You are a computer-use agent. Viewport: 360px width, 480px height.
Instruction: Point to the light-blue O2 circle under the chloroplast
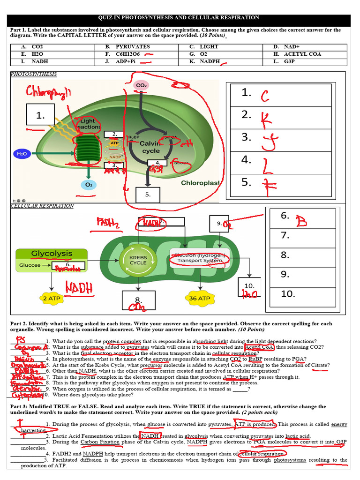click(x=89, y=185)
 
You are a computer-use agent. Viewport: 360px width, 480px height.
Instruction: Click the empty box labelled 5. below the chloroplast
click(x=148, y=195)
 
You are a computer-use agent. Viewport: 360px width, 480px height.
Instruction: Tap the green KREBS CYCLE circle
click(x=138, y=260)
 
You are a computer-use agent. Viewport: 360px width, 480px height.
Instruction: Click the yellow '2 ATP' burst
click(x=51, y=298)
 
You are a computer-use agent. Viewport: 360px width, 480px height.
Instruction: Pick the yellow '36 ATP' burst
click(x=199, y=298)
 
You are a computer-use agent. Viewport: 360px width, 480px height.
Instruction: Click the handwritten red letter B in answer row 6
click(x=302, y=221)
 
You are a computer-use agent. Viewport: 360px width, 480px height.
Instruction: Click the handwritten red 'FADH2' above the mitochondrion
click(x=108, y=223)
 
